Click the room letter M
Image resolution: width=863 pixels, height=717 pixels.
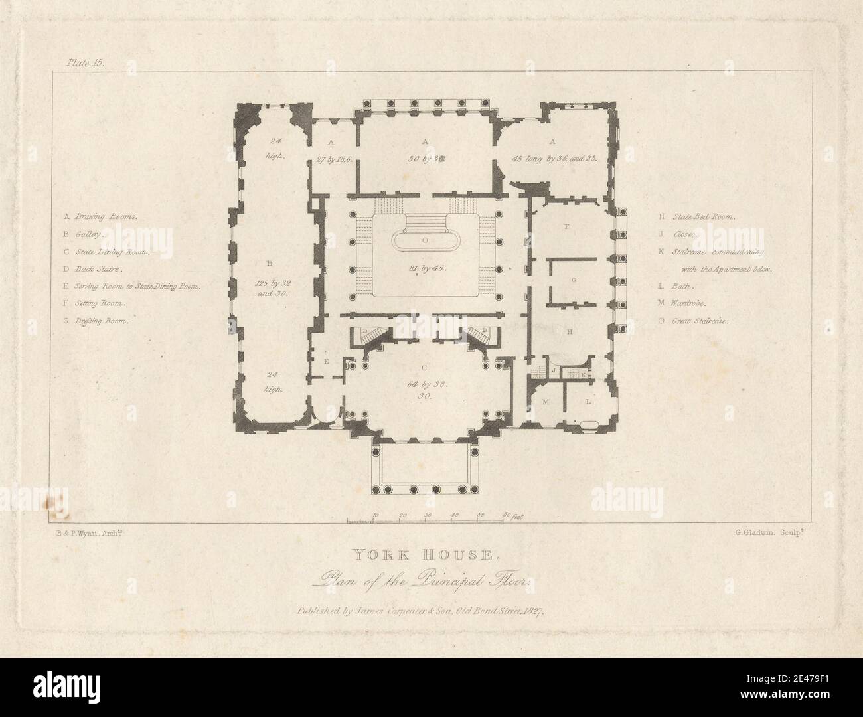(546, 403)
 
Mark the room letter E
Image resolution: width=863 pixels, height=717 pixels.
(327, 362)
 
